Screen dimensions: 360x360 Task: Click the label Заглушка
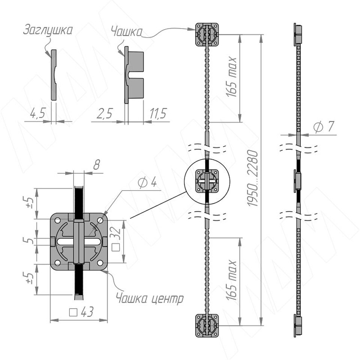[x=48, y=30]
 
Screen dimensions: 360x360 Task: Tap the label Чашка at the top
[x=126, y=31]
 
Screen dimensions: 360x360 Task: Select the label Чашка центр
[x=150, y=299]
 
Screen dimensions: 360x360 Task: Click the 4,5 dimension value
[x=37, y=113]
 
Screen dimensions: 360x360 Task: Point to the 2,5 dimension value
[x=105, y=113]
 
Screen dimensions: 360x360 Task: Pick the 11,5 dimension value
[x=158, y=113]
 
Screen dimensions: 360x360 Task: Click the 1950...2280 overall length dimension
[x=253, y=178]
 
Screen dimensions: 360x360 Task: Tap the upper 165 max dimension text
[x=231, y=76]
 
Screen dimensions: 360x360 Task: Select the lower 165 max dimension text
[x=231, y=280]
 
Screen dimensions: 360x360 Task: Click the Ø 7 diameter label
[x=324, y=126]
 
